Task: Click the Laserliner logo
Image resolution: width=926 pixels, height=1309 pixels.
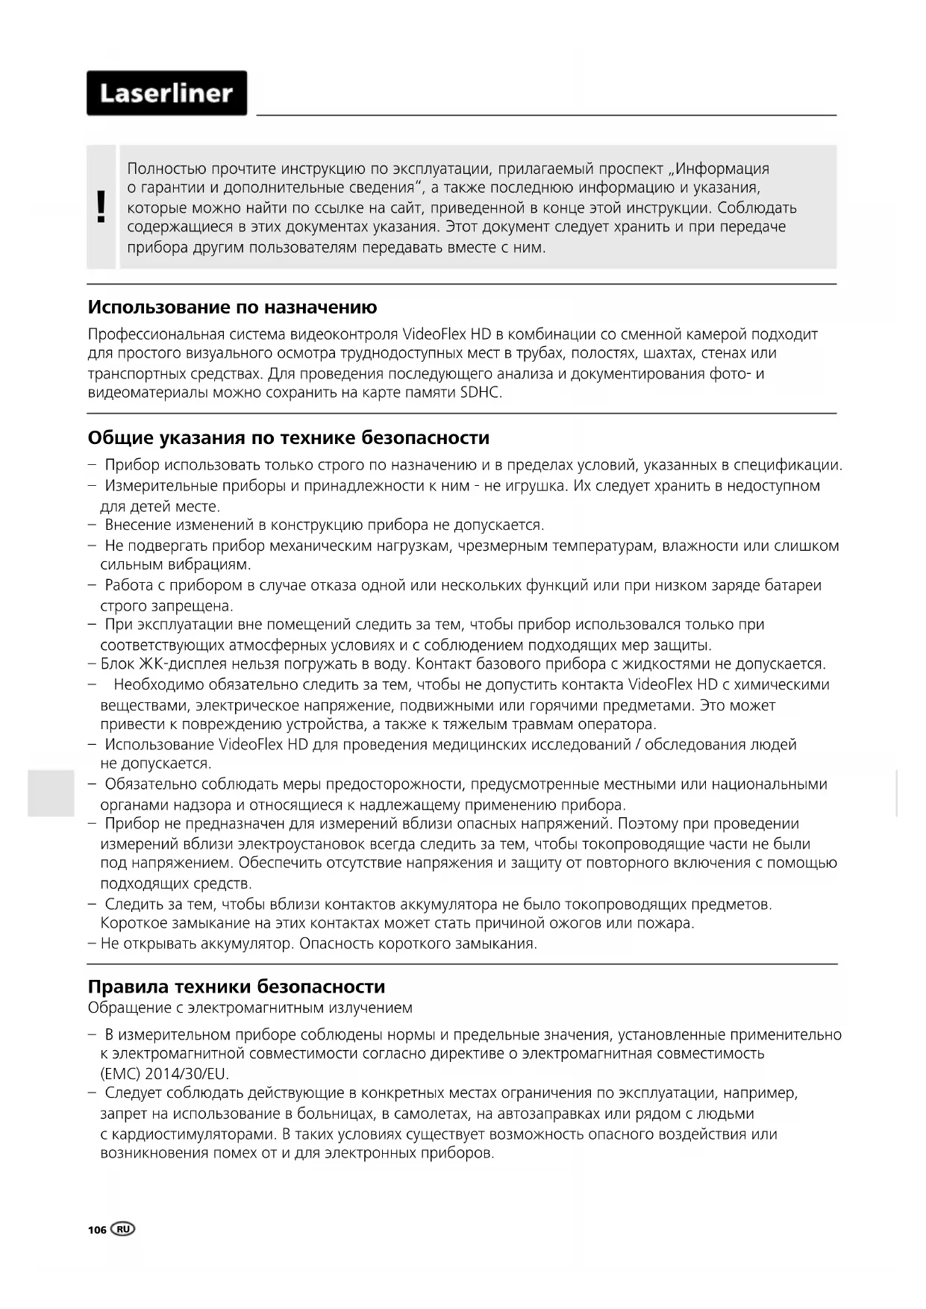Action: [166, 93]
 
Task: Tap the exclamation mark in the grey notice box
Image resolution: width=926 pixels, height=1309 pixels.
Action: [101, 207]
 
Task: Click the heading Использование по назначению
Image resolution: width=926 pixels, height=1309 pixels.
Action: [232, 307]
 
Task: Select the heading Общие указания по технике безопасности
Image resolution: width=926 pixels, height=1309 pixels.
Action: [289, 437]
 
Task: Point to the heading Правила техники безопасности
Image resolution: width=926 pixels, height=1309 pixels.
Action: [237, 987]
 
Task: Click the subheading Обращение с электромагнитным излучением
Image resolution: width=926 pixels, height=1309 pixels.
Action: [250, 1007]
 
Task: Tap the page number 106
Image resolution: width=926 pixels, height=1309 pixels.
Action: [97, 1231]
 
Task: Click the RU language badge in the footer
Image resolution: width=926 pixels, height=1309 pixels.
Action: [124, 1229]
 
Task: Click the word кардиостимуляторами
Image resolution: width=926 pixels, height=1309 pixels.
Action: [192, 1134]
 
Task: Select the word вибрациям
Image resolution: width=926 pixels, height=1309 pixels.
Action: [212, 565]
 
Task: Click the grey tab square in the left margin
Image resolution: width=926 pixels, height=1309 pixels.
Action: [51, 793]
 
